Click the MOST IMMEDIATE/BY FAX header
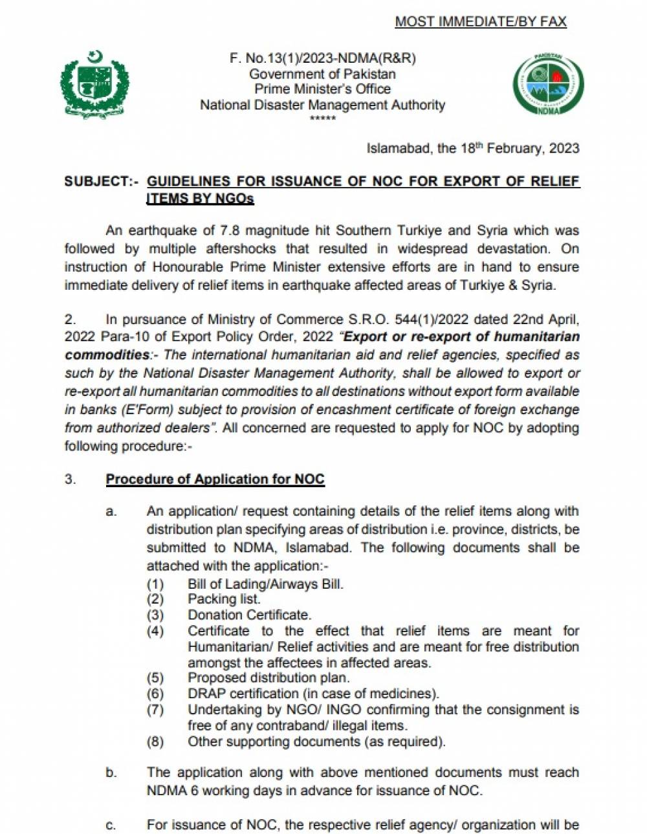click(x=480, y=21)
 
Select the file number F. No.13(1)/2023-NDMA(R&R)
click(x=322, y=58)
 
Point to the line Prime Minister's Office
click(x=322, y=89)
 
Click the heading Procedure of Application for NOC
click(x=215, y=479)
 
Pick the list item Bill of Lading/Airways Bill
click(x=265, y=584)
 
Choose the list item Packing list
click(x=224, y=599)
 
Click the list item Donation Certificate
click(x=249, y=615)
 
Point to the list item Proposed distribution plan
click(x=269, y=678)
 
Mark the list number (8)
click(x=155, y=741)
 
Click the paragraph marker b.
click(x=111, y=773)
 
